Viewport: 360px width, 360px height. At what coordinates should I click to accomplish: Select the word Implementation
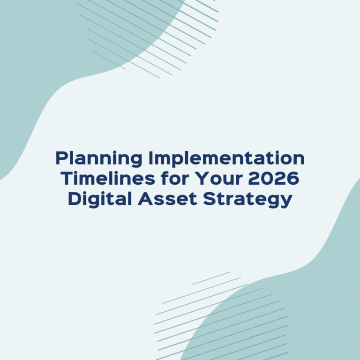pyautogui.click(x=226, y=158)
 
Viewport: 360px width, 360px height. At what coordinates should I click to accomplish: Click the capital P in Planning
pyautogui.click(x=61, y=158)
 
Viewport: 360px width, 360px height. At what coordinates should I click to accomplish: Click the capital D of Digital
pyautogui.click(x=74, y=199)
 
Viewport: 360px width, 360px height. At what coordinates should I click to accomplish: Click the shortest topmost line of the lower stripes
pyautogui.click(x=210, y=278)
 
